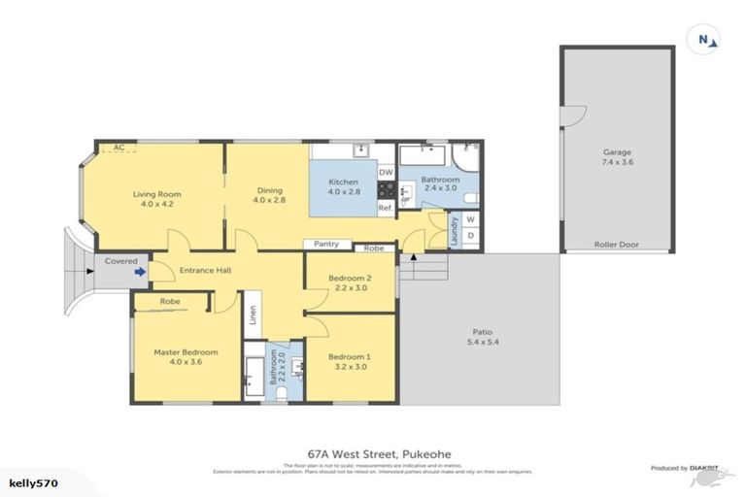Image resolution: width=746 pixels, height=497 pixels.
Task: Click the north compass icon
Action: pos(706,40)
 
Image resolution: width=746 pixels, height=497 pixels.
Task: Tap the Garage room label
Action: pos(618,158)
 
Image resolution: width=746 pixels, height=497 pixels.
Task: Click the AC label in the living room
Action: pos(119,148)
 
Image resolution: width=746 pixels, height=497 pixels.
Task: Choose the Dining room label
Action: pos(269,195)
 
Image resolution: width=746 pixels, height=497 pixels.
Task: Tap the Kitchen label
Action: pos(344,187)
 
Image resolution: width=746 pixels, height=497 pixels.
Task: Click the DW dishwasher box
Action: pos(386,173)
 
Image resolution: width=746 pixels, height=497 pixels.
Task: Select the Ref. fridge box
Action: pos(385,207)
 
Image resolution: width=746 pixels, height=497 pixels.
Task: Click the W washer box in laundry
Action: pos(471,219)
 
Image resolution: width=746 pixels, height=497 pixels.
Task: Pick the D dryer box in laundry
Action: pos(471,236)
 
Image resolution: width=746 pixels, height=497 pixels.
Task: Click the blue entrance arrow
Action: pos(141,272)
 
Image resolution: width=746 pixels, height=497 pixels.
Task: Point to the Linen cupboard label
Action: pos(252,316)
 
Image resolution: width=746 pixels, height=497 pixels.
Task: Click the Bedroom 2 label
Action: pos(350,282)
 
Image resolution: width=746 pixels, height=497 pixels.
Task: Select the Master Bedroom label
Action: pos(186,356)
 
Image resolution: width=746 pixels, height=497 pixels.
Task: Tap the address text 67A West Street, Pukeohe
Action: pos(380,452)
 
